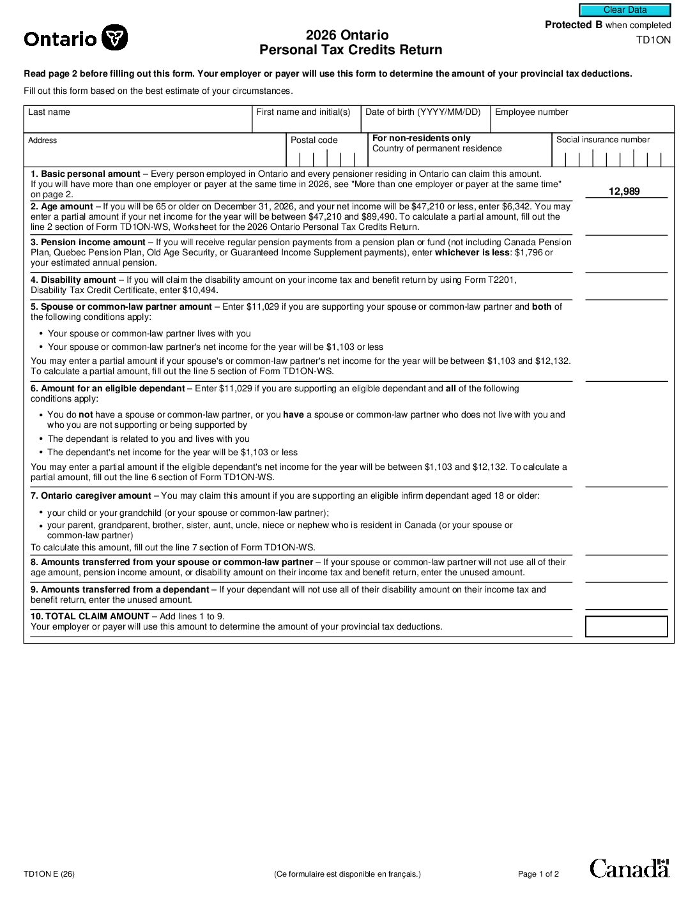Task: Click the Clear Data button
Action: coord(625,10)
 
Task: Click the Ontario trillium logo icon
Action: coord(115,38)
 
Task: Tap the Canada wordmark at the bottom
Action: coord(629,868)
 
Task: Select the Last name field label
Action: coord(49,112)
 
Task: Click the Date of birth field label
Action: coord(422,112)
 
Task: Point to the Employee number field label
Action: coord(531,112)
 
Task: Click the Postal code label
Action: coord(314,140)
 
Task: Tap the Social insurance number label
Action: coord(602,140)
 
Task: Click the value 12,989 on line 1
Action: coord(624,192)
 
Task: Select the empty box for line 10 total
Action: coord(626,626)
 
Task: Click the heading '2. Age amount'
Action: coord(62,207)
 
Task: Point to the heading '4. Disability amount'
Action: coord(73,280)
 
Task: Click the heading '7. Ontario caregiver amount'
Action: coord(91,496)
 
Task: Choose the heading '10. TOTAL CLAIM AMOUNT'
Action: coord(90,617)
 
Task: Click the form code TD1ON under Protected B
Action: coord(653,40)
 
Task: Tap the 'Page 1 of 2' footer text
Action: coord(538,874)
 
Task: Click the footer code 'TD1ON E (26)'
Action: coord(49,874)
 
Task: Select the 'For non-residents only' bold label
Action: coord(421,139)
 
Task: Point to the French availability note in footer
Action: coord(347,874)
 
